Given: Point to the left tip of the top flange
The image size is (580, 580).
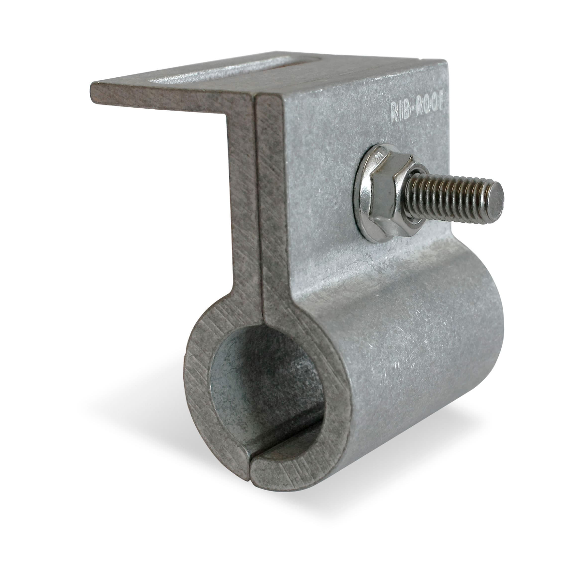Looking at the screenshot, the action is tap(91, 85).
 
